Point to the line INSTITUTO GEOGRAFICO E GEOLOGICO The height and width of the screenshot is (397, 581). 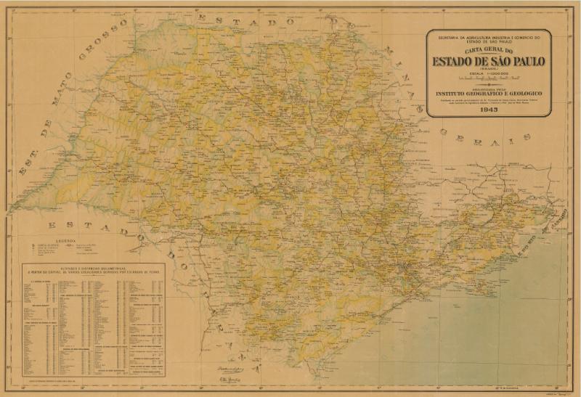488,94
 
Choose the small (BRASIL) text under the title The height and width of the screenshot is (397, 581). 488,69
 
